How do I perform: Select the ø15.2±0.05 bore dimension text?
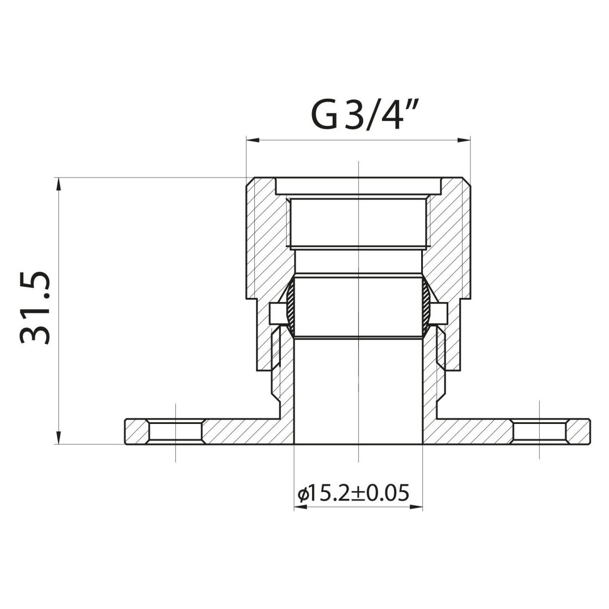(x=353, y=493)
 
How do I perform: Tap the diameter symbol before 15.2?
(x=303, y=494)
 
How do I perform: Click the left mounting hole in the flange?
(x=175, y=432)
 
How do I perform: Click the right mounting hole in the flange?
(x=540, y=432)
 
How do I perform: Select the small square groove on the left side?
(x=276, y=312)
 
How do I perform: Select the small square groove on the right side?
(x=438, y=312)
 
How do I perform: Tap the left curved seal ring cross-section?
(x=290, y=306)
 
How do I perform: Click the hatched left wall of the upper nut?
(x=264, y=238)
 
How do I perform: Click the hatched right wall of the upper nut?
(x=451, y=238)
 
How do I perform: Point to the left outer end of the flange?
(x=126, y=432)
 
